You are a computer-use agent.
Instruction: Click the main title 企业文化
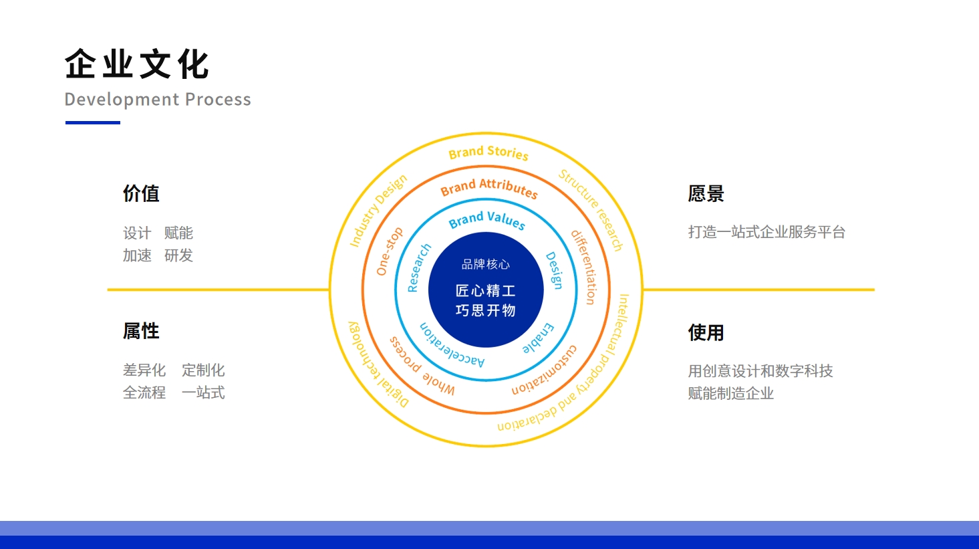(x=137, y=64)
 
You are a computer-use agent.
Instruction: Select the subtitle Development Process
(x=158, y=99)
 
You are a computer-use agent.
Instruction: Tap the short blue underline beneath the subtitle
(x=93, y=123)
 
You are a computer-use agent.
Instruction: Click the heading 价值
(x=141, y=193)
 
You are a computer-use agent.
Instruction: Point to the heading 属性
(x=141, y=331)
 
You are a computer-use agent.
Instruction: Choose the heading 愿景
(x=706, y=193)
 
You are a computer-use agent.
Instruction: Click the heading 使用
(x=706, y=332)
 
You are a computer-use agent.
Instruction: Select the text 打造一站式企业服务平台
(x=766, y=232)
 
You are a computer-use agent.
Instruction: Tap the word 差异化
(x=144, y=370)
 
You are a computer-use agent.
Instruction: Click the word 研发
(x=178, y=255)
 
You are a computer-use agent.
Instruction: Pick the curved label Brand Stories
(x=488, y=152)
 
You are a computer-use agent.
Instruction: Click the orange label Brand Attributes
(x=488, y=188)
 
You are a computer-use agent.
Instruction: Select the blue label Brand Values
(x=487, y=220)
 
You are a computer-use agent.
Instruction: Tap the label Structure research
(x=591, y=211)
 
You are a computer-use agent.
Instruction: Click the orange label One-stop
(x=390, y=251)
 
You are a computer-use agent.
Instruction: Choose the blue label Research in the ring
(x=419, y=268)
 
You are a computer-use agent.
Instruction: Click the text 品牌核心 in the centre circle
(x=486, y=264)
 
